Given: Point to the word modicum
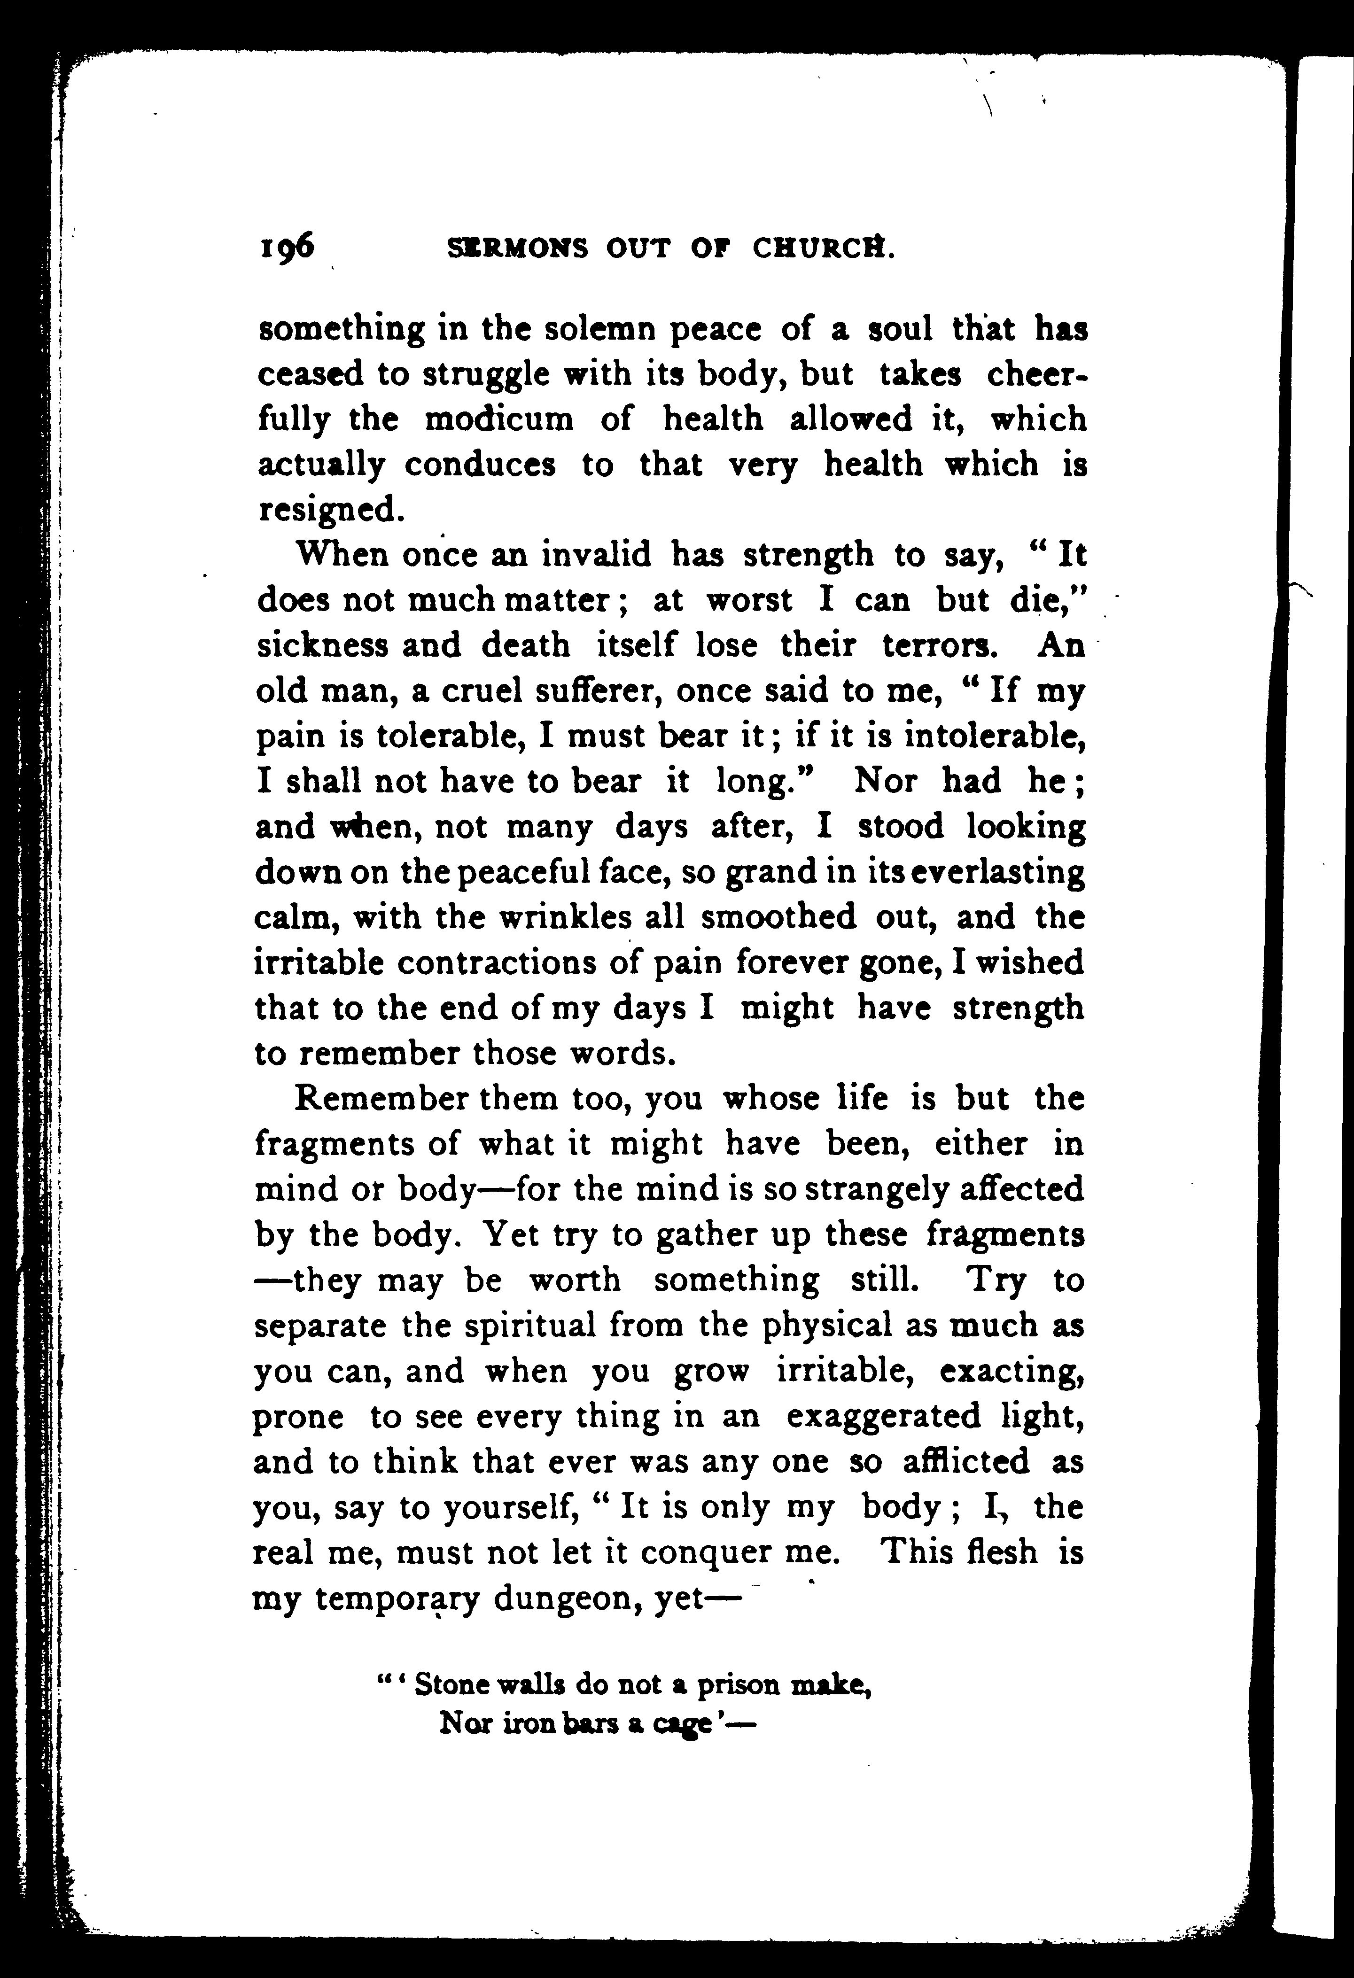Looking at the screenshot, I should [x=499, y=419].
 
